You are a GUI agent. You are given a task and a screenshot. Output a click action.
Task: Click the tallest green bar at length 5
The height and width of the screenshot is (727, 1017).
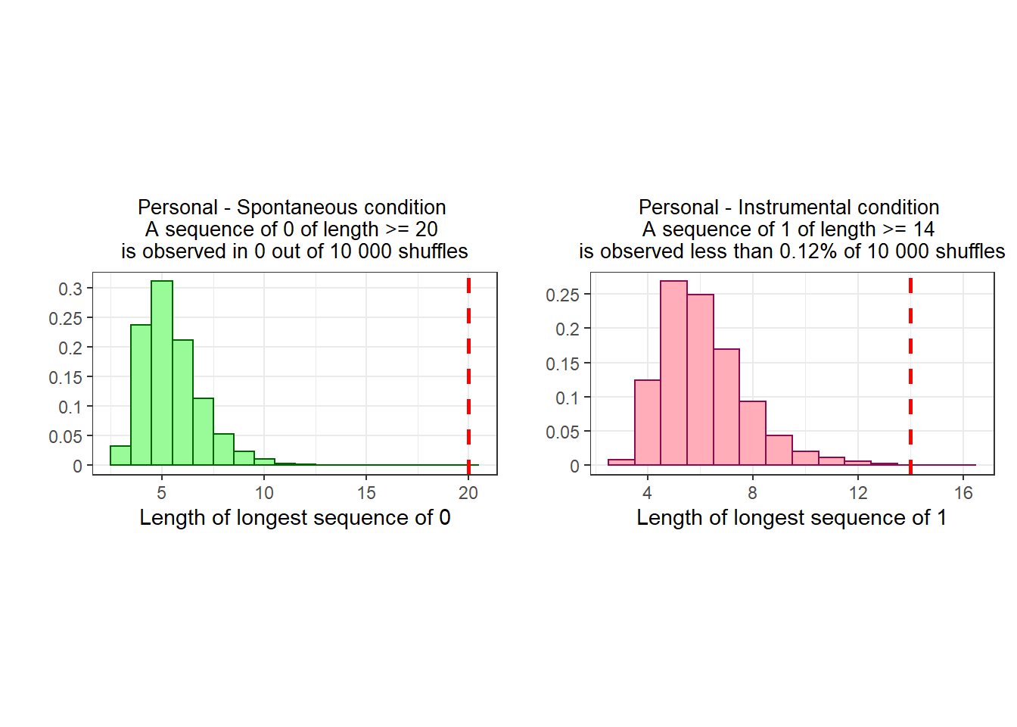162,373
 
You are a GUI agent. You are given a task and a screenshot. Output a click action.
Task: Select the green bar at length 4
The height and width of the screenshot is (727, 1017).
141,395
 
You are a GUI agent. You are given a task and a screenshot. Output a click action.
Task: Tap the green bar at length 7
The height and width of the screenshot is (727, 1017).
203,432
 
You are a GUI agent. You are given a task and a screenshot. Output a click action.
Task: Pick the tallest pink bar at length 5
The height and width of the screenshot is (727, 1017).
673,373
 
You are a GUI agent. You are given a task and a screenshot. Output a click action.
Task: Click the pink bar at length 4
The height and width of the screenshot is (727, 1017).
648,423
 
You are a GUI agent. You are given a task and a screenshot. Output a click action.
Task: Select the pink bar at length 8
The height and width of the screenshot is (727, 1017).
753,433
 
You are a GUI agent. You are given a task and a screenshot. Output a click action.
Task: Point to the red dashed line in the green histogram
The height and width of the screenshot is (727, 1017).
468,376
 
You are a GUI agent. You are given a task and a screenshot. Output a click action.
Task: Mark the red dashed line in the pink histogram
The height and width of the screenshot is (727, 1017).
911,376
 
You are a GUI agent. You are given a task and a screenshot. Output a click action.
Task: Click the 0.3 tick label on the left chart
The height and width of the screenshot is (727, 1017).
70,289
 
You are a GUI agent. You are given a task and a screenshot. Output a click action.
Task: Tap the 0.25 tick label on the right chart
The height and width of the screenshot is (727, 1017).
562,295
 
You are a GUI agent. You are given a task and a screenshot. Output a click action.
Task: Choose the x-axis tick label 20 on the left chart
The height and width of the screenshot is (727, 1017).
468,493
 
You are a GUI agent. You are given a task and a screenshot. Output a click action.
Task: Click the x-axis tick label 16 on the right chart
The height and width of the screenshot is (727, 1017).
963,493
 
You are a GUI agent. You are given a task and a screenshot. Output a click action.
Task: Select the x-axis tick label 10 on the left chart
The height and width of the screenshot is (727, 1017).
264,493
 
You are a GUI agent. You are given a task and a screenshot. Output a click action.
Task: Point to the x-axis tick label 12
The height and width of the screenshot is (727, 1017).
858,493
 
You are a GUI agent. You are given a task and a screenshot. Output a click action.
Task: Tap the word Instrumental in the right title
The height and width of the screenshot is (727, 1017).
795,207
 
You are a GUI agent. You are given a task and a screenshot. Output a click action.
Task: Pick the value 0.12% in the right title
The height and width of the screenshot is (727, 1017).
808,251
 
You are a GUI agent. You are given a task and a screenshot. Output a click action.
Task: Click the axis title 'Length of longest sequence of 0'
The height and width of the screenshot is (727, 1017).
295,517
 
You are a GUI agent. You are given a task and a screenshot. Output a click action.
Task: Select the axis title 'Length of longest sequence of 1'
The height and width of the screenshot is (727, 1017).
792,517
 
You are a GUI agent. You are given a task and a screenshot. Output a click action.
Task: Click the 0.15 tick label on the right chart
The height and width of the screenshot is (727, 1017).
562,364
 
